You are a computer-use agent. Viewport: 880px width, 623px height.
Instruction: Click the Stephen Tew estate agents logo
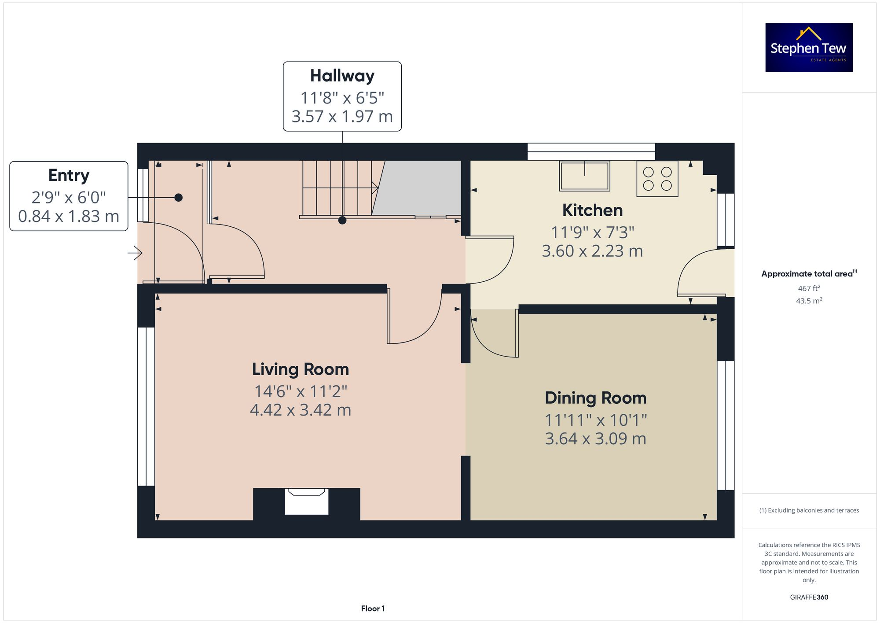pos(809,48)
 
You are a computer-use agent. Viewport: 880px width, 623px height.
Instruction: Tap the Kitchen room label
pos(592,210)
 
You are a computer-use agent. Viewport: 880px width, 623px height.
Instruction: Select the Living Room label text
pos(300,369)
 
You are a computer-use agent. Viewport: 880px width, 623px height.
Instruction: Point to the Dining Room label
pos(595,398)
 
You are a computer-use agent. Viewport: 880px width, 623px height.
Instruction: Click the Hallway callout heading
pos(342,76)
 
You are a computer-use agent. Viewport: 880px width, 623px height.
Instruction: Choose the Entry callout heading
pos(69,175)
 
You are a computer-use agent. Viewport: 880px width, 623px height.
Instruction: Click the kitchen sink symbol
pos(584,176)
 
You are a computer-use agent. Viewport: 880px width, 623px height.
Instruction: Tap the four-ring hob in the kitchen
pos(657,178)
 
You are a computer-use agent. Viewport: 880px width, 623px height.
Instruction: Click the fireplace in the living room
pos(306,501)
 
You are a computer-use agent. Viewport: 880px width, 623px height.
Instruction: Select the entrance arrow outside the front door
pos(135,253)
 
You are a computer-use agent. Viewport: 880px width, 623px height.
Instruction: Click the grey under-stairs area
pos(418,188)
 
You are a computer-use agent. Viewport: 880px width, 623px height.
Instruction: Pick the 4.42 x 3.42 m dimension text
pos(300,410)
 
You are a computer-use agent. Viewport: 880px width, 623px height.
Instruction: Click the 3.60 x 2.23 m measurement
pos(592,251)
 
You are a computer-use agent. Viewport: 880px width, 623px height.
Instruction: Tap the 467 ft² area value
pos(809,288)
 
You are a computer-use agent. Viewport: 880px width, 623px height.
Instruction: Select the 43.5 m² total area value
pos(809,301)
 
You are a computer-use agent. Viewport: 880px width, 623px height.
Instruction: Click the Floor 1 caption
pos(373,608)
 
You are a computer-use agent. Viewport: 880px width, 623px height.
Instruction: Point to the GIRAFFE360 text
pos(809,597)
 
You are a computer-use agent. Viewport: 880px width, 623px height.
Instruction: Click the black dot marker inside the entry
pos(178,198)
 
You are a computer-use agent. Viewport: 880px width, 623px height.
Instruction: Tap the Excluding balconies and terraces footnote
pos(809,511)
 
